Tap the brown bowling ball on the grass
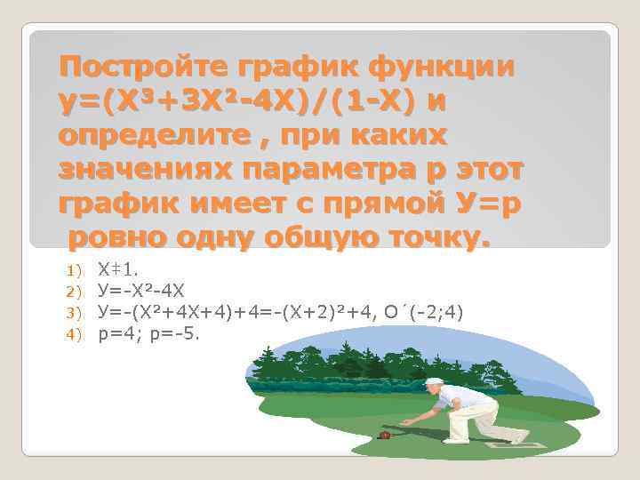(x=385, y=436)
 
